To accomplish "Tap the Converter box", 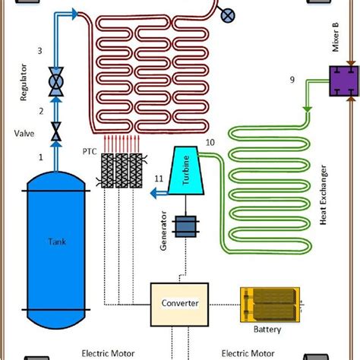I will coord(181,303).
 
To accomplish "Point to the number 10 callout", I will coord(210,141).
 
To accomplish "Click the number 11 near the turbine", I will coord(158,178).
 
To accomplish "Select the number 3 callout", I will coord(40,51).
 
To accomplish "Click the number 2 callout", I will coord(40,111).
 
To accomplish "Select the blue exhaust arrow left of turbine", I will coord(156,194).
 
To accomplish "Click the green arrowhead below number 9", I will coord(308,115).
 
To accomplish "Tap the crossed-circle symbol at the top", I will coord(226,15).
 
